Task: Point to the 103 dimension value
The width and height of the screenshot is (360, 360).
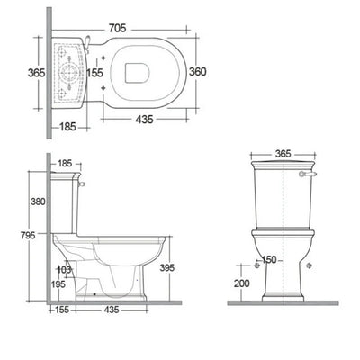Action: [x=64, y=269]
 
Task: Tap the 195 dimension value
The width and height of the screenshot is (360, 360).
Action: [x=58, y=284]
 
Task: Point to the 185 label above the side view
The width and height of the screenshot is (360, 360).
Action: [x=66, y=164]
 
